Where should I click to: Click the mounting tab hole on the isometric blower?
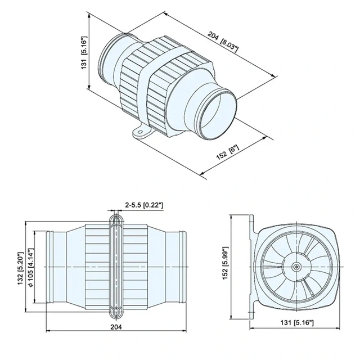pyautogui.click(x=138, y=134)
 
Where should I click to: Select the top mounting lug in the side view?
pyautogui.click(x=115, y=219)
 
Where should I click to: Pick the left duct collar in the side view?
pyautogui.click(x=47, y=265)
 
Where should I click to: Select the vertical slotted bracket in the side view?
pyautogui.click(x=115, y=265)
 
